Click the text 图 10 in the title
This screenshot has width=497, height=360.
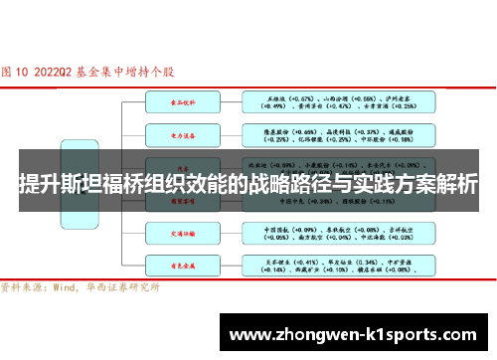(x=17, y=73)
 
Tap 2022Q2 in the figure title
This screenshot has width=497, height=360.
(x=53, y=73)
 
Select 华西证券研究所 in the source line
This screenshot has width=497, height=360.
(x=124, y=287)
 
